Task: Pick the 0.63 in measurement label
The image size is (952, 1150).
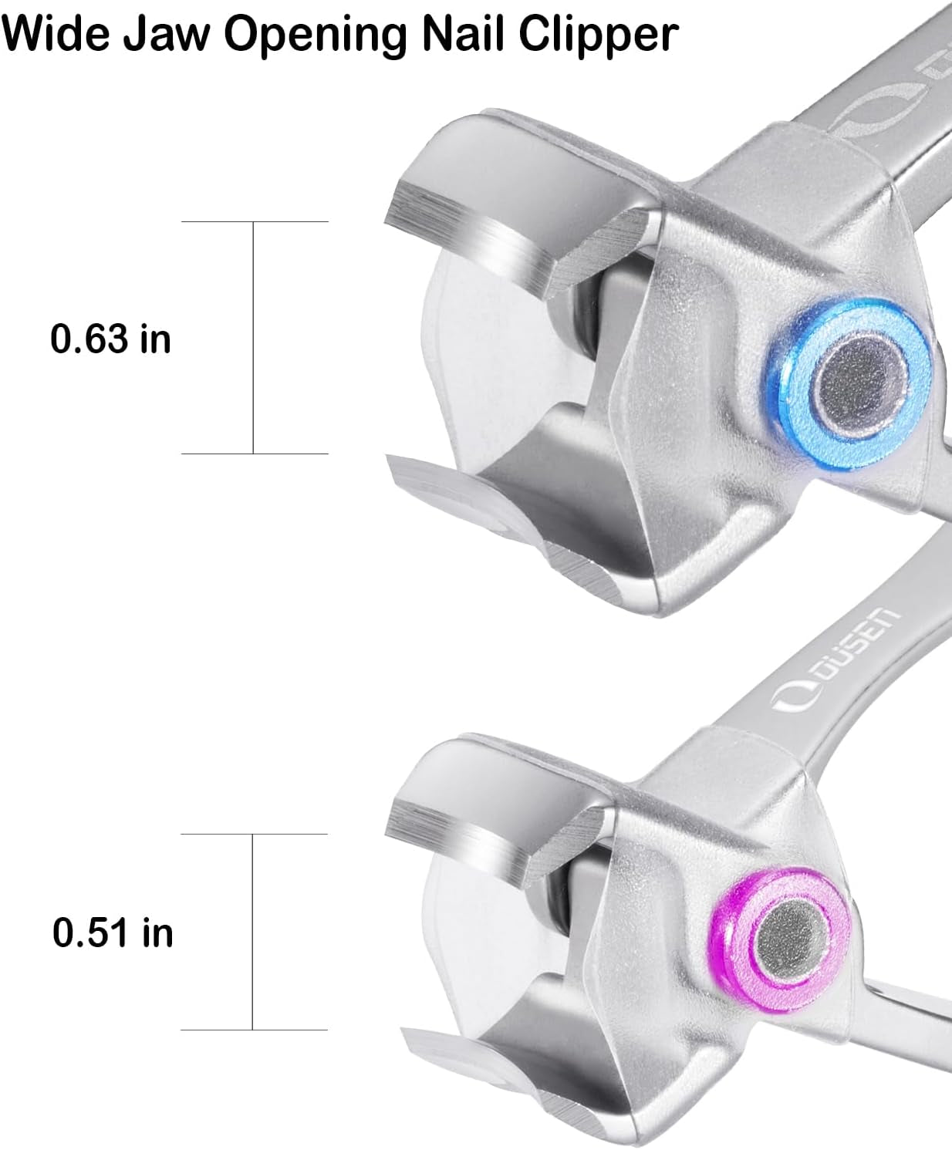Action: pos(110,339)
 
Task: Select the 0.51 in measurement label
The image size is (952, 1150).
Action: pos(113,932)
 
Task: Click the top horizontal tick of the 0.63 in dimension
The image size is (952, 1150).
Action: pos(255,222)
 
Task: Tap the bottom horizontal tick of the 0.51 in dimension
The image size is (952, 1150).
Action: pos(255,1030)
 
